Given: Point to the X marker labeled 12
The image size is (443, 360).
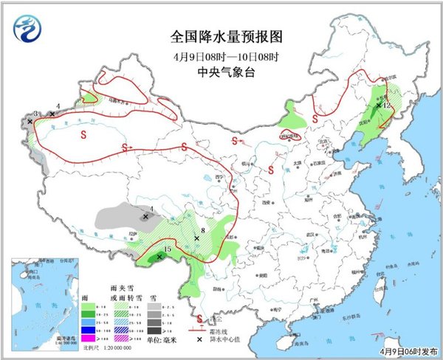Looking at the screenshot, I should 379,105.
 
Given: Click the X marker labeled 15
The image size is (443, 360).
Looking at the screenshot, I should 159,257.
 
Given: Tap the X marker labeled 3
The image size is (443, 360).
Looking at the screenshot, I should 30,121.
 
